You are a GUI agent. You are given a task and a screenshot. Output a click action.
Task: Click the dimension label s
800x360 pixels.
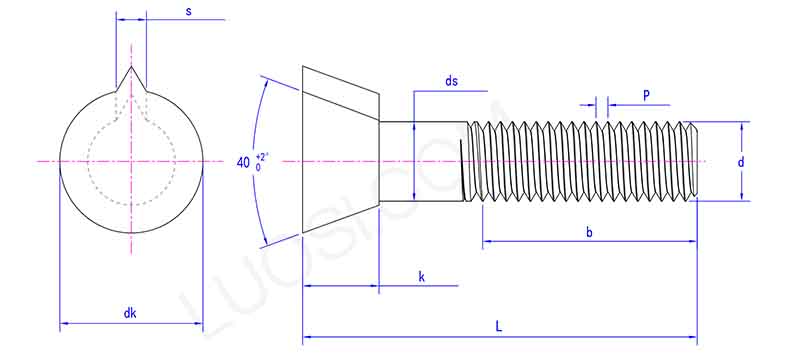click(189, 11)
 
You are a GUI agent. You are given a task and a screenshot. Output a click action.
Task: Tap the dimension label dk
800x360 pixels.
click(130, 313)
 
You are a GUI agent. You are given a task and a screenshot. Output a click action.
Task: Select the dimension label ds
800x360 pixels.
click(452, 82)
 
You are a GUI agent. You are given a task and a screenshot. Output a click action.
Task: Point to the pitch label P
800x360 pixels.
click(647, 95)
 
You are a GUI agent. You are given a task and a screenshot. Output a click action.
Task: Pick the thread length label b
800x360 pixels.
click(590, 232)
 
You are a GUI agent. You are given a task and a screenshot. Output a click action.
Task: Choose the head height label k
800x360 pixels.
click(422, 276)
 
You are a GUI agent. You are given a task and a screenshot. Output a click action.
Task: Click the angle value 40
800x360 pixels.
click(244, 162)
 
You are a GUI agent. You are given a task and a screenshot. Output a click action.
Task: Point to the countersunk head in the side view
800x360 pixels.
click(340, 160)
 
